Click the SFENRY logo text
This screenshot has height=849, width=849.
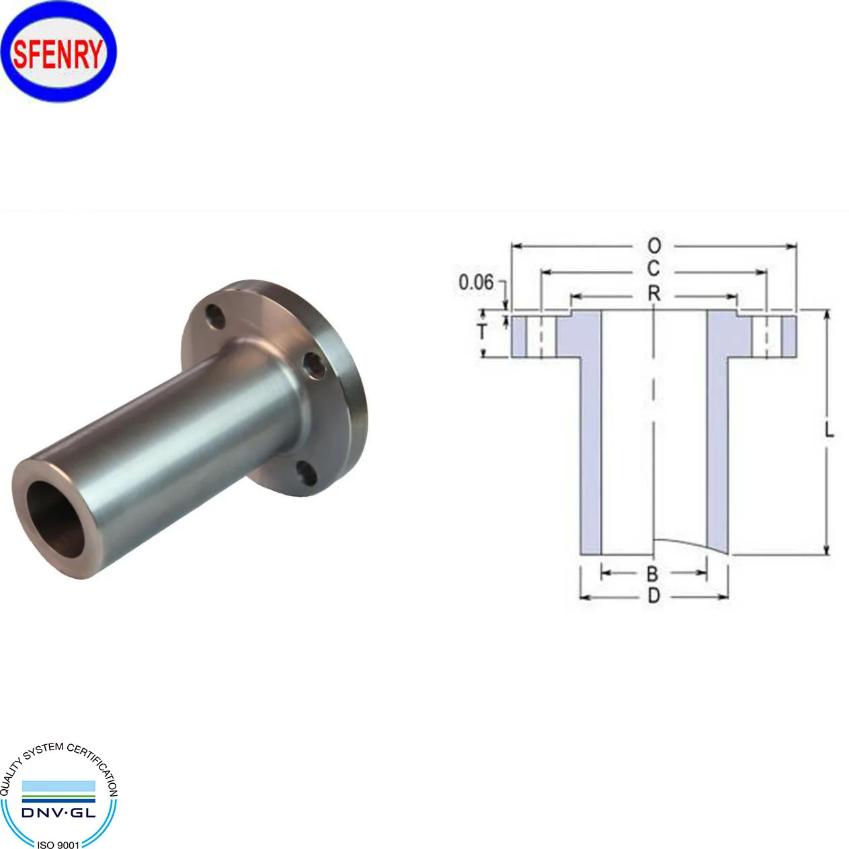point(58,54)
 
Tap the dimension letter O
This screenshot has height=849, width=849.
point(653,246)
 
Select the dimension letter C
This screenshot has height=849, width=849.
point(653,269)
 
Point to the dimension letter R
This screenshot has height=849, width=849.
point(653,294)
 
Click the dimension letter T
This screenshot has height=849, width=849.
point(482,331)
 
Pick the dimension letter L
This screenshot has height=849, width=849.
point(829,430)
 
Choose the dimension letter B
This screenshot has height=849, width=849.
point(652,573)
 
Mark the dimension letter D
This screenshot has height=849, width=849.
point(653,596)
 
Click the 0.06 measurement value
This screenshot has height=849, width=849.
point(476,282)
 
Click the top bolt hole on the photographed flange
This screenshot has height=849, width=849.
point(215,316)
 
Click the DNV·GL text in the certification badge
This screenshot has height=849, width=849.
point(58,813)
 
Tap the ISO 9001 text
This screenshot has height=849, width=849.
point(58,844)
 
